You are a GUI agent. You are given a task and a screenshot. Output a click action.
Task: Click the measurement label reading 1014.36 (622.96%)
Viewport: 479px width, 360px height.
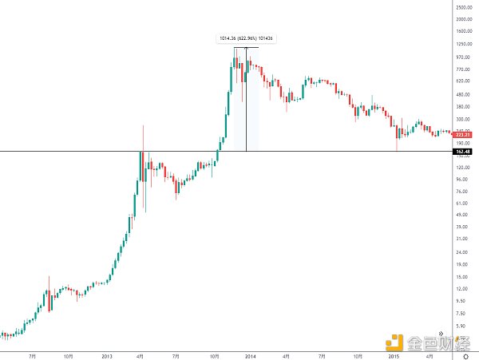pos(246,38)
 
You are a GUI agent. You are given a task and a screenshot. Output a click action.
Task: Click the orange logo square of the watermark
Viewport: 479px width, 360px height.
pos(394,342)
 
